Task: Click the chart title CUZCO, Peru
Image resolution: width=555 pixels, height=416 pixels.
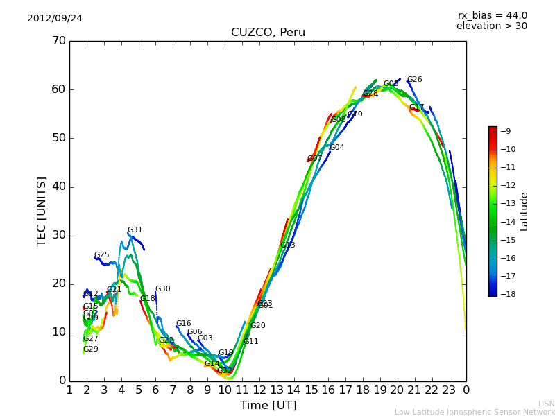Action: [268, 33]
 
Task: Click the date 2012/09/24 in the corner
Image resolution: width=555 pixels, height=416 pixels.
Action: [55, 18]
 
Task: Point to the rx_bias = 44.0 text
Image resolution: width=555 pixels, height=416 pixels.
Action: [493, 16]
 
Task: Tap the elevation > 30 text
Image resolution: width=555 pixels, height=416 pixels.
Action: [492, 26]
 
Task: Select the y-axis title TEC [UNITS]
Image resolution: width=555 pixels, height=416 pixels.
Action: [42, 211]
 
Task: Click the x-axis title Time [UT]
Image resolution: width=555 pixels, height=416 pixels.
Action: [268, 405]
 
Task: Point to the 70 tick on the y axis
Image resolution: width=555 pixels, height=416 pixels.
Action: [58, 41]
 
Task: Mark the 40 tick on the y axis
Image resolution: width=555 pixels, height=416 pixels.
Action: [58, 187]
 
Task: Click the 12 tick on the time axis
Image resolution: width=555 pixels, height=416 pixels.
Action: [259, 390]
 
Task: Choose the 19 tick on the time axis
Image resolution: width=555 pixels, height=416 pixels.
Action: [380, 390]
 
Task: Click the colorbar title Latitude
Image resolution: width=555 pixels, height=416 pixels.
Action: [524, 211]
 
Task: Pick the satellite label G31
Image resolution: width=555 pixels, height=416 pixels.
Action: [135, 230]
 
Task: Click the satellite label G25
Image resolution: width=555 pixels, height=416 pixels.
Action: [102, 255]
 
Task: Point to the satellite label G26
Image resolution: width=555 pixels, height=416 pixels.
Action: [414, 80]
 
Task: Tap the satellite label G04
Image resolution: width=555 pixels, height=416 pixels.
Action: [337, 148]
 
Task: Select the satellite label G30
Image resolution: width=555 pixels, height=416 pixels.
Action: [162, 289]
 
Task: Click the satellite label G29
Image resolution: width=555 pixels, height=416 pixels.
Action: [91, 349]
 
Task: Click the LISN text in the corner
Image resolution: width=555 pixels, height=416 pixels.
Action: [546, 404]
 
